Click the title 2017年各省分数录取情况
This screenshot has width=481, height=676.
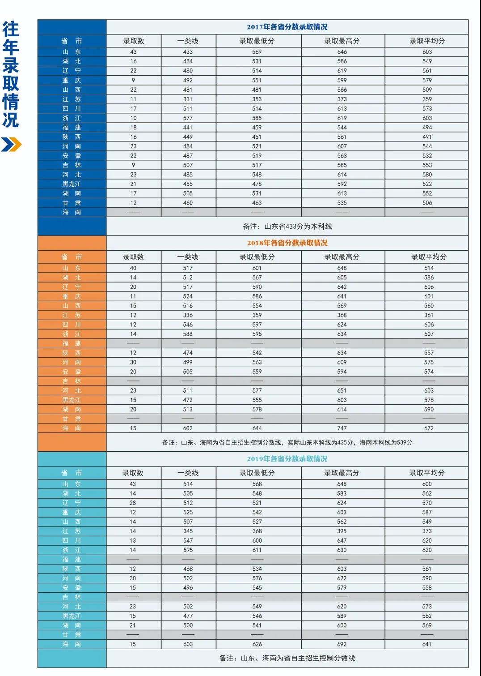(287, 27)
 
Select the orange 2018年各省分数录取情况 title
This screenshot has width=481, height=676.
(287, 243)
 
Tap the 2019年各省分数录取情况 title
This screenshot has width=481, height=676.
(287, 459)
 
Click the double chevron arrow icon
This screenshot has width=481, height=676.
(11, 145)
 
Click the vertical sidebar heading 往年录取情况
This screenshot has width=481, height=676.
(11, 74)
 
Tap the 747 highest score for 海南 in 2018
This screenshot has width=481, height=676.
(342, 428)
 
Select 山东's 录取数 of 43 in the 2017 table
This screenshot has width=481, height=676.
(133, 52)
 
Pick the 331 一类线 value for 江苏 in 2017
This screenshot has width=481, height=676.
(188, 99)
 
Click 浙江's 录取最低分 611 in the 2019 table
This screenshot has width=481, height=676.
(257, 550)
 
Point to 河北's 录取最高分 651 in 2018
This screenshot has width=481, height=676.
(342, 390)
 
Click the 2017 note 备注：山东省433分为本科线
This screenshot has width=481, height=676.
(287, 227)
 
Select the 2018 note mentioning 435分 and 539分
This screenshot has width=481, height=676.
(287, 442)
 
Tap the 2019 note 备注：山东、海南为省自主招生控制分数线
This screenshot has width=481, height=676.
(287, 658)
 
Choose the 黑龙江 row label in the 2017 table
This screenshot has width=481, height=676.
(72, 184)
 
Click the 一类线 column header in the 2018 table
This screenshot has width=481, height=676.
(188, 257)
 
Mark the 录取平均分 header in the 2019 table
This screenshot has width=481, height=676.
(427, 473)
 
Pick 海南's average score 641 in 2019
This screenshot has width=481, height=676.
(427, 644)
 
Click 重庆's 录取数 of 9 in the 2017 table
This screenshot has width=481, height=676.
(133, 80)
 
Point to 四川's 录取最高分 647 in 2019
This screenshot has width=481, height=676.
(342, 540)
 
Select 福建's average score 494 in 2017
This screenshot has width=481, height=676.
(427, 128)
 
